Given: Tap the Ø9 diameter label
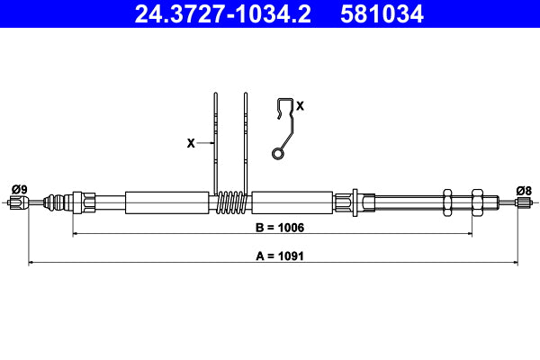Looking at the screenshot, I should coord(18,189).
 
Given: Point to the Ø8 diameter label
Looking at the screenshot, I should coord(524,189).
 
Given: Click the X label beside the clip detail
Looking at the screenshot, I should coord(300,106).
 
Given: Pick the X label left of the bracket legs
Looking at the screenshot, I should coord(190,143).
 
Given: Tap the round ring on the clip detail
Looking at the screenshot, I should coord(279,155).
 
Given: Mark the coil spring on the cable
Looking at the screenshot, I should coord(233,202).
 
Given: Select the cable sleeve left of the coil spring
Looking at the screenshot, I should coord(166,202).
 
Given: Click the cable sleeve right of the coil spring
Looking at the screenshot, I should coord(296,202).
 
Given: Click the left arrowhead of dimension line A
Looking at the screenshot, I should coord(32,263).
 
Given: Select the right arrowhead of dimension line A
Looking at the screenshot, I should coord(515,263).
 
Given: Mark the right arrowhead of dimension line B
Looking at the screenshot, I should coord(468,234).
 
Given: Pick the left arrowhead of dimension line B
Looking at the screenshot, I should coord(76,234).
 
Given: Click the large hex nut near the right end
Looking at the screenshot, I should coord(476,202).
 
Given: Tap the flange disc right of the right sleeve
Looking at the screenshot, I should coord(357,202).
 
